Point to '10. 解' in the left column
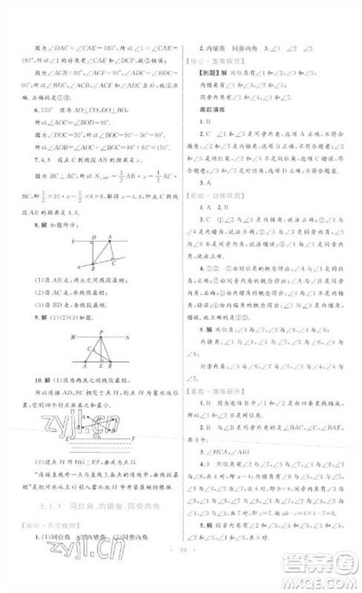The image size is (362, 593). (51, 380)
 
